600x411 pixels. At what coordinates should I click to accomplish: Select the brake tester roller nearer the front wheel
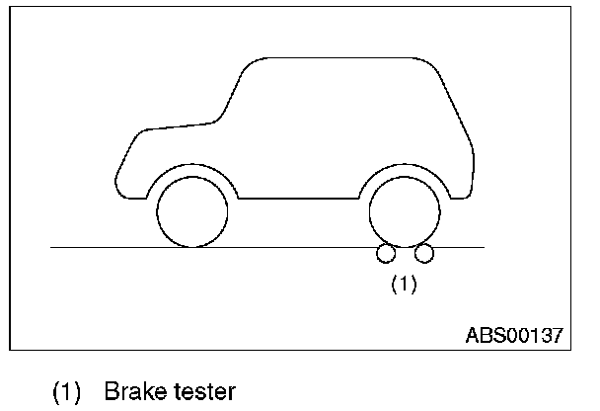(383, 254)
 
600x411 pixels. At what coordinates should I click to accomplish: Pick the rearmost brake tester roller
(424, 254)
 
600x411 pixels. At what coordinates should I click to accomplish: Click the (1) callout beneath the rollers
(404, 285)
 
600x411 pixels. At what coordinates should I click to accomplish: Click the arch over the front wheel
(191, 164)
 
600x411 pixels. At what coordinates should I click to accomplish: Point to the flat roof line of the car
(336, 59)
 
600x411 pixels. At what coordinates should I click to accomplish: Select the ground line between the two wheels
(296, 246)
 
